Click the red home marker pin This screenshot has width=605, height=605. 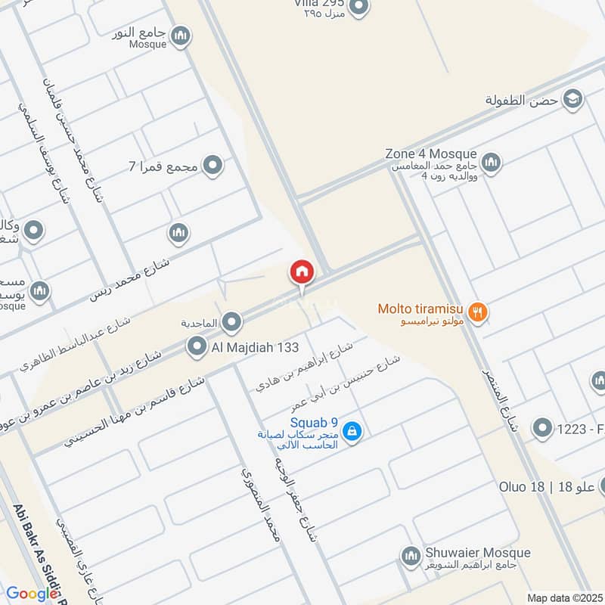click(x=302, y=273)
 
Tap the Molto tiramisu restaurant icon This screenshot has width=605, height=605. click(x=477, y=310)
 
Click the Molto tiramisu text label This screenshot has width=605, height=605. click(x=420, y=309)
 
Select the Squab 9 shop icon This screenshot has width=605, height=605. click(x=352, y=432)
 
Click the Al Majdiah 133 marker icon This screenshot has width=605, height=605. click(x=197, y=347)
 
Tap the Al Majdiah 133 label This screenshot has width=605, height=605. click(x=256, y=347)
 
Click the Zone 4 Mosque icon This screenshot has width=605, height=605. click(x=491, y=163)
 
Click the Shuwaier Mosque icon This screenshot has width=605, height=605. click(x=410, y=556)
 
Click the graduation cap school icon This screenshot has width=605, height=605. click(x=572, y=99)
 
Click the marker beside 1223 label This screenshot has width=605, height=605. click(x=542, y=429)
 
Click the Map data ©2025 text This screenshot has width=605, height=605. click(x=563, y=597)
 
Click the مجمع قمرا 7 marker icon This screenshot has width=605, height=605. click(x=214, y=164)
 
